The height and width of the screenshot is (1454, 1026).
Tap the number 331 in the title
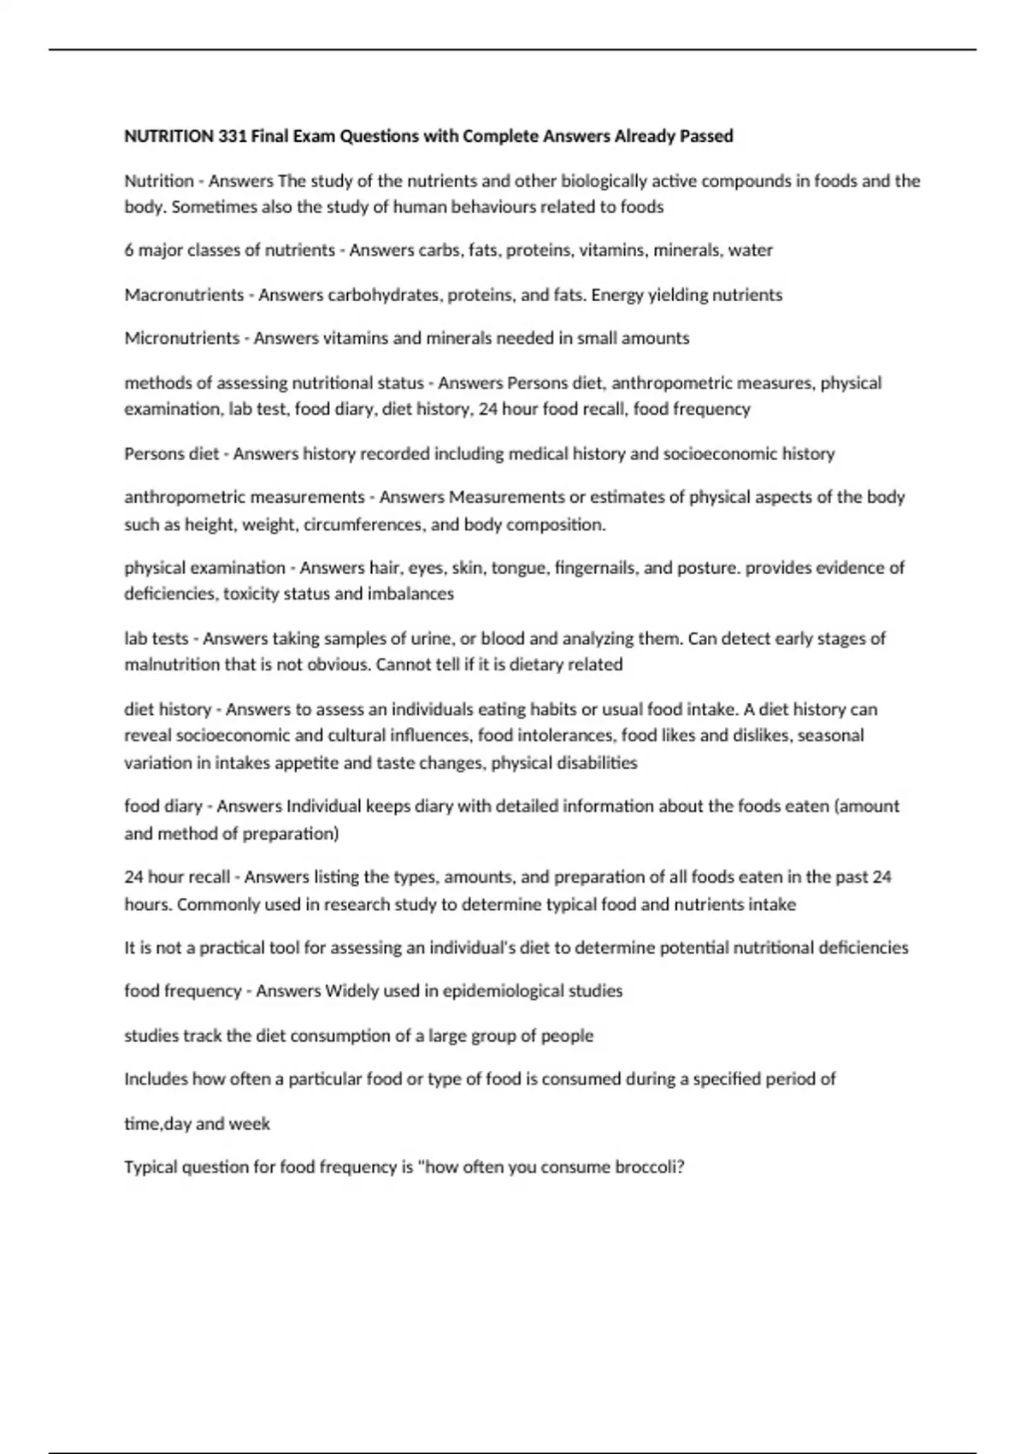[233, 136]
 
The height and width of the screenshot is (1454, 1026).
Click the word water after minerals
[751, 251]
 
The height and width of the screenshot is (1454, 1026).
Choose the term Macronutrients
[184, 295]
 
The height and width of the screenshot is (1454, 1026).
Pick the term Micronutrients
[182, 339]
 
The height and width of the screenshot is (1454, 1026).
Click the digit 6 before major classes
[129, 251]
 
